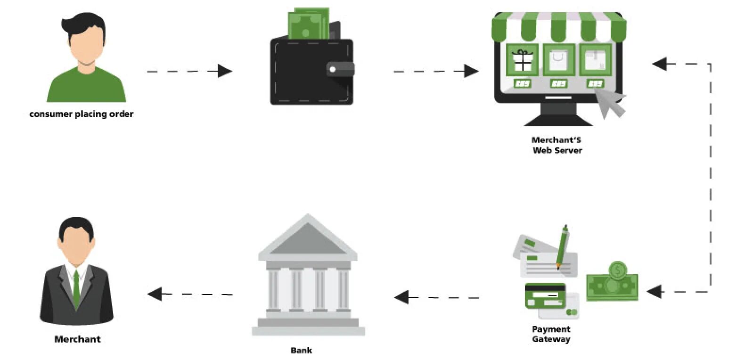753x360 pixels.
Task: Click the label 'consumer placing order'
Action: pos(81,114)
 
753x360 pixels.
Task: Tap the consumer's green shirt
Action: pos(86,87)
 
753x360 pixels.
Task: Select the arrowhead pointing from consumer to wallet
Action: pos(225,71)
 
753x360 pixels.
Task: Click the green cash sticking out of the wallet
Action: pos(309,24)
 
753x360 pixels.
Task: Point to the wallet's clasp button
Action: pos(333,69)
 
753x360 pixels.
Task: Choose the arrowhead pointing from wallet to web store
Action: pos(471,71)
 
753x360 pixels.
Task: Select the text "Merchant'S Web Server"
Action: pos(557,145)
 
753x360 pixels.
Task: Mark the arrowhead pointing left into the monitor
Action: pos(660,64)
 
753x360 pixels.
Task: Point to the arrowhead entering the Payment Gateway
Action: pos(654,292)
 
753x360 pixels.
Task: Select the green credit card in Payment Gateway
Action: pos(545,295)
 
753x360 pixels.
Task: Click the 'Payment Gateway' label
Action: pos(551,334)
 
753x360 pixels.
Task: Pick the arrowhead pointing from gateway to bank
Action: pos(401,297)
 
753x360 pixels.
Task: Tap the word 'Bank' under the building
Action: pos(301,350)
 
